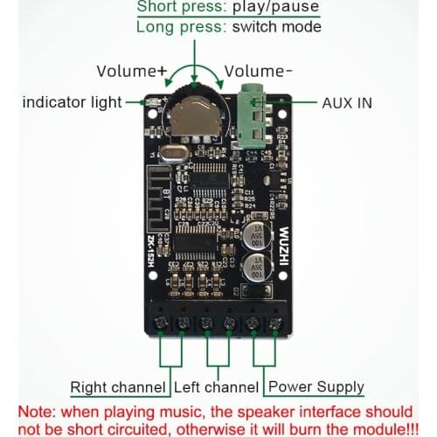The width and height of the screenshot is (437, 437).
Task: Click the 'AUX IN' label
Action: coord(347,102)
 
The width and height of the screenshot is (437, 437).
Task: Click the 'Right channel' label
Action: coord(119,386)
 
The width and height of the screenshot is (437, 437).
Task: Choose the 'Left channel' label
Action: coord(217,386)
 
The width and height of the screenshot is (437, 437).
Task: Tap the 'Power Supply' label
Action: coord(316,386)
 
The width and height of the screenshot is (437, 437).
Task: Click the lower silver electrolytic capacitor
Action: coord(258,270)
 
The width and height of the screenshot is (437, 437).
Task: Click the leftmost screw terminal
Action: coord(162,324)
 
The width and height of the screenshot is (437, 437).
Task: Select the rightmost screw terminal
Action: coord(274,324)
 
